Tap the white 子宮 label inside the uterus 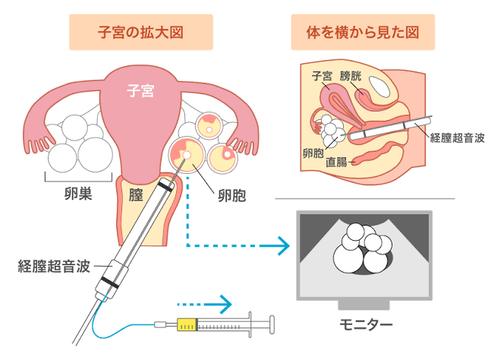tap(140, 91)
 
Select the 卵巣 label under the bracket tap(77, 194)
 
